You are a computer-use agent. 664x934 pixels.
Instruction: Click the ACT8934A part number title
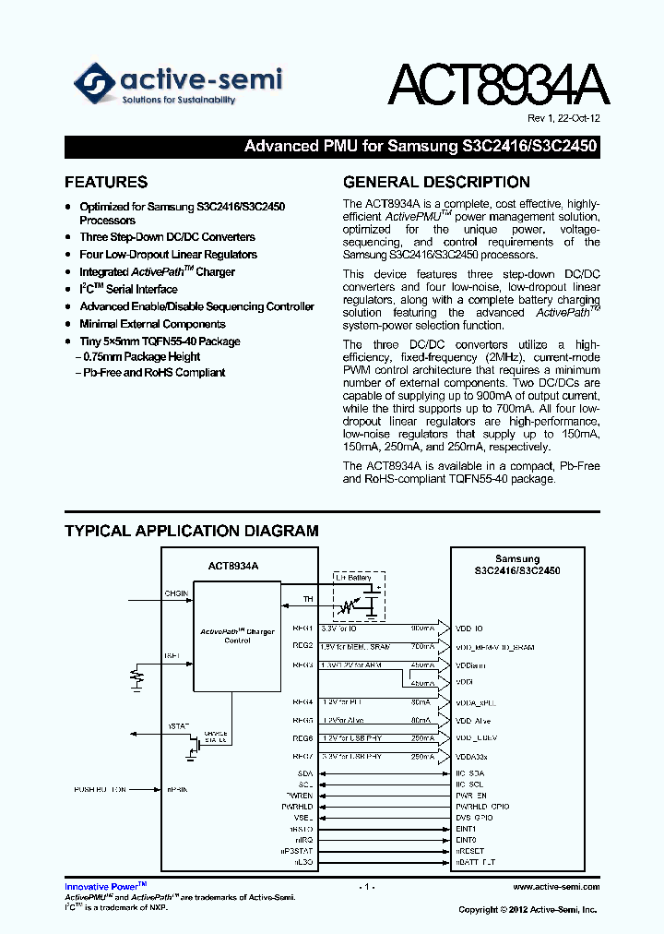497,87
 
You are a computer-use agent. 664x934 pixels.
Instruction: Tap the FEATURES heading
105,182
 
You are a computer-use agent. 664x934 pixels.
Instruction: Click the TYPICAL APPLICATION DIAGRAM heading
191,531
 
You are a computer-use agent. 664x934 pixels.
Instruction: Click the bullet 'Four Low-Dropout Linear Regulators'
168,255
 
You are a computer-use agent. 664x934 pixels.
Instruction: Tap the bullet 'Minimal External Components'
152,324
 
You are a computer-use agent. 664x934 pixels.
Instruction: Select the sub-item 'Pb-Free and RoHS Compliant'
153,373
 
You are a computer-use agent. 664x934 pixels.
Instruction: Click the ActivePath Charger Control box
237,636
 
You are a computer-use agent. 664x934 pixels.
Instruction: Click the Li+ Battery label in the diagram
352,578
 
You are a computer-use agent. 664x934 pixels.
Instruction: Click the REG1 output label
303,628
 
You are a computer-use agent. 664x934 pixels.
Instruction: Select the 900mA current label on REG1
421,628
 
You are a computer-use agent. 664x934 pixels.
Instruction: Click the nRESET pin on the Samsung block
470,850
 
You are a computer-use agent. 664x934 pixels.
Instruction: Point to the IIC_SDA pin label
471,772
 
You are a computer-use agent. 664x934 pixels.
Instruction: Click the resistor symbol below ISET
138,678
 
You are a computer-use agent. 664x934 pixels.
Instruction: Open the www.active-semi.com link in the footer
555,887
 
